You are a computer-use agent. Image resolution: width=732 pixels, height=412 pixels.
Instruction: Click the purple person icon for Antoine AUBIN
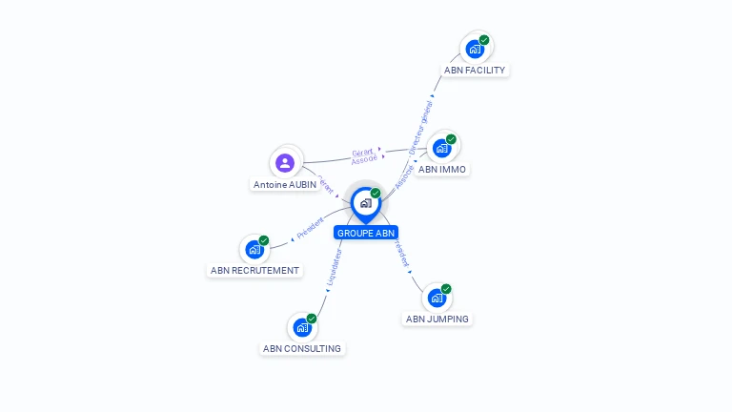click(x=284, y=162)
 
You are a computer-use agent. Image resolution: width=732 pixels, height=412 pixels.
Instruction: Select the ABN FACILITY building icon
click(x=475, y=49)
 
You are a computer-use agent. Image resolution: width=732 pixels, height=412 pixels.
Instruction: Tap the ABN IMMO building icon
click(x=441, y=148)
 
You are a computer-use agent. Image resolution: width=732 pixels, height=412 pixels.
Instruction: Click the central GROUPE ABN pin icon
click(x=365, y=203)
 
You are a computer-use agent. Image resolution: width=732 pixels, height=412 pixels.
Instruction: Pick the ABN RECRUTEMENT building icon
click(x=254, y=249)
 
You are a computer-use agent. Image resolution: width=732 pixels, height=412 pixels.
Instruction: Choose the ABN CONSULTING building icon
click(x=302, y=327)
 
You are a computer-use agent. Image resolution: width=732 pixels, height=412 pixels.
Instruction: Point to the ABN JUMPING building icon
click(x=437, y=298)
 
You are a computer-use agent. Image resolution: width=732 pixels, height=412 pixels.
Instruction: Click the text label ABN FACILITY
click(x=475, y=71)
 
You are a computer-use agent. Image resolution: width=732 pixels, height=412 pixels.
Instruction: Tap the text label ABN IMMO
click(x=442, y=170)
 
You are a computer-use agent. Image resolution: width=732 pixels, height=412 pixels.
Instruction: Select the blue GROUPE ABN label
click(x=366, y=233)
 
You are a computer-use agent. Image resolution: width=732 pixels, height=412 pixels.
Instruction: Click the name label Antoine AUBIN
click(x=285, y=184)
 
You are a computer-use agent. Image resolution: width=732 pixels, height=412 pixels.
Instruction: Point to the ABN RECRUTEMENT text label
click(x=254, y=271)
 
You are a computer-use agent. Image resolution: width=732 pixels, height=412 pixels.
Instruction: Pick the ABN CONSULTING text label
click(x=302, y=349)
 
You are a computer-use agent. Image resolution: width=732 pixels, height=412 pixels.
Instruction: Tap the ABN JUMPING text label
click(x=437, y=319)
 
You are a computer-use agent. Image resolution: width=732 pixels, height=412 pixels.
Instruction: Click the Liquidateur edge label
click(x=334, y=268)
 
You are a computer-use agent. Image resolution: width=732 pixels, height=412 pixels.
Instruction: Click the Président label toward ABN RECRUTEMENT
click(x=311, y=227)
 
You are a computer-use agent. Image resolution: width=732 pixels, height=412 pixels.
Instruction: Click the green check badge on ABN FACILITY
click(x=484, y=40)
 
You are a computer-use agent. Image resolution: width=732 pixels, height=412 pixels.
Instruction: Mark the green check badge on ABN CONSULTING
click(x=312, y=319)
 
